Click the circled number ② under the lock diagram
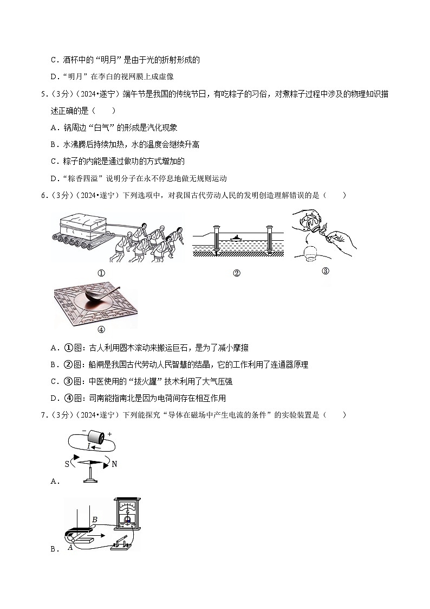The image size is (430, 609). pos(236,273)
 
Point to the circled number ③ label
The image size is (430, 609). pos(325,271)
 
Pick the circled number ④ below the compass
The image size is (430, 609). pos(100,329)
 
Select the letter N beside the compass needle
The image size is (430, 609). pos(114,464)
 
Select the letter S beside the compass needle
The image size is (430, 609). pos(67,464)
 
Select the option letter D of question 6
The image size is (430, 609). pos(54,398)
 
